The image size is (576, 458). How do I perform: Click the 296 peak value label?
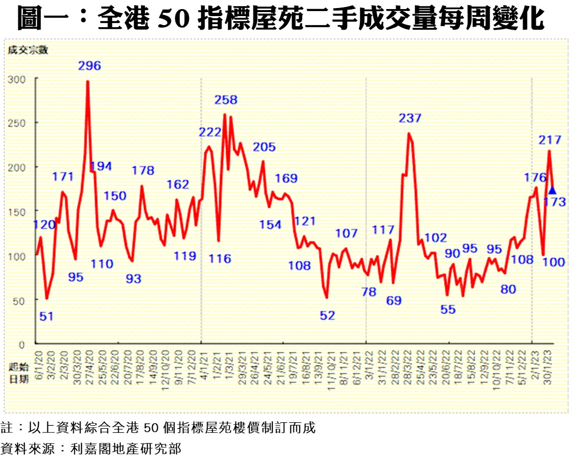coord(90,65)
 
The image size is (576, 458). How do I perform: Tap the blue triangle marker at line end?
coord(552,190)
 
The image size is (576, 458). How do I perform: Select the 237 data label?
coord(410,119)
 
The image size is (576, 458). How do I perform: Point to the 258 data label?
coord(226,100)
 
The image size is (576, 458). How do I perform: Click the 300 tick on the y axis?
coord(18,79)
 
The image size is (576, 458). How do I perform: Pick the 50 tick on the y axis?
coord(20,300)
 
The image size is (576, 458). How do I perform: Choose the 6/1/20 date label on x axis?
coord(38,359)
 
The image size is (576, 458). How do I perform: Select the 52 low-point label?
coord(328,316)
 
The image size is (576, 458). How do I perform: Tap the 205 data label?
coord(264,147)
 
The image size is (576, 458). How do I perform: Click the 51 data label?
coord(46,317)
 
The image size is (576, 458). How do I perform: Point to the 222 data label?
coord(210,132)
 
